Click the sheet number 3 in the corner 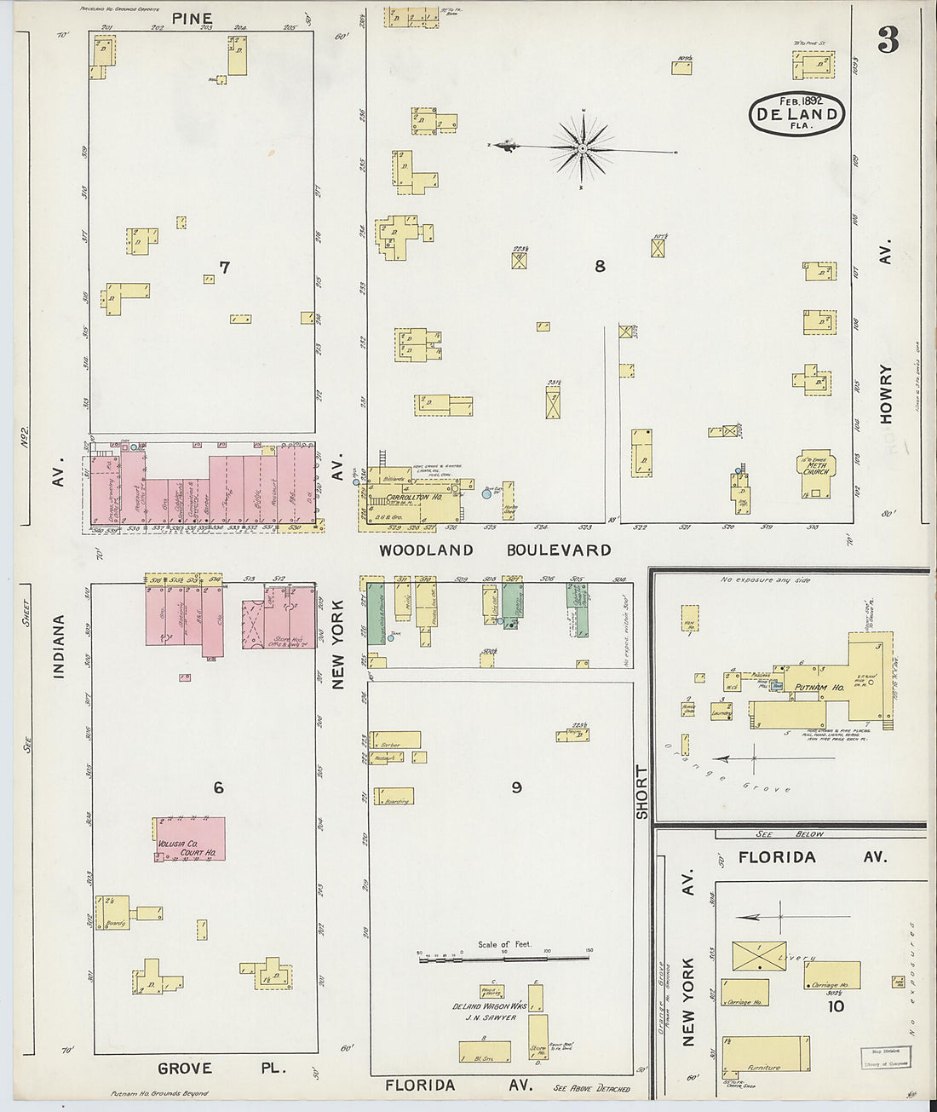[x=888, y=39]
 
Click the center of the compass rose [x=583, y=149]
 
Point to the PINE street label [x=193, y=18]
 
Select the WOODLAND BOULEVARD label [x=495, y=550]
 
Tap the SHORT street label [x=641, y=792]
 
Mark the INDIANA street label [x=59, y=648]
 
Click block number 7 [x=224, y=268]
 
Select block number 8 [x=600, y=266]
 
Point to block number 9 [x=516, y=787]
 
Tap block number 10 [x=836, y=1006]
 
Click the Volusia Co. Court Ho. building [x=190, y=838]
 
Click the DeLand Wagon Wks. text [x=483, y=1006]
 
